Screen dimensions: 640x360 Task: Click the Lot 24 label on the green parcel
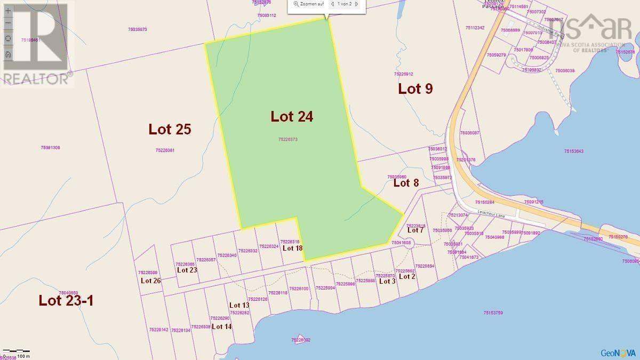click(x=291, y=116)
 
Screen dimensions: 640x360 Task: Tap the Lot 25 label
click(x=170, y=129)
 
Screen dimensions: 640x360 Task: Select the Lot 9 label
click(x=415, y=89)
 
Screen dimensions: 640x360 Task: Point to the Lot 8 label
click(x=406, y=183)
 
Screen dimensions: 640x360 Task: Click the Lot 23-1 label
click(x=66, y=300)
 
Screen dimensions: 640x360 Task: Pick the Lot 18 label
click(x=292, y=248)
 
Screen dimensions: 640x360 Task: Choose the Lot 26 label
click(x=150, y=281)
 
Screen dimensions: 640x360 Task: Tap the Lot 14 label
click(x=221, y=326)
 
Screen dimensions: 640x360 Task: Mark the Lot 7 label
click(x=415, y=230)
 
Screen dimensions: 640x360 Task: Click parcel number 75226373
click(x=287, y=140)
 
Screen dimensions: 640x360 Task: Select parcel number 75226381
click(x=165, y=150)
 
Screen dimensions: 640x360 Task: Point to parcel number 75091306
click(x=50, y=148)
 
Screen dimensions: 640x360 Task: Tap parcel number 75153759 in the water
click(x=493, y=313)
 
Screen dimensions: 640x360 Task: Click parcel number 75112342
click(x=474, y=28)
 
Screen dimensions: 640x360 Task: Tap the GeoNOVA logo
click(x=618, y=353)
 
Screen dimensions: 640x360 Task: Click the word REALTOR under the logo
click(x=36, y=79)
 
